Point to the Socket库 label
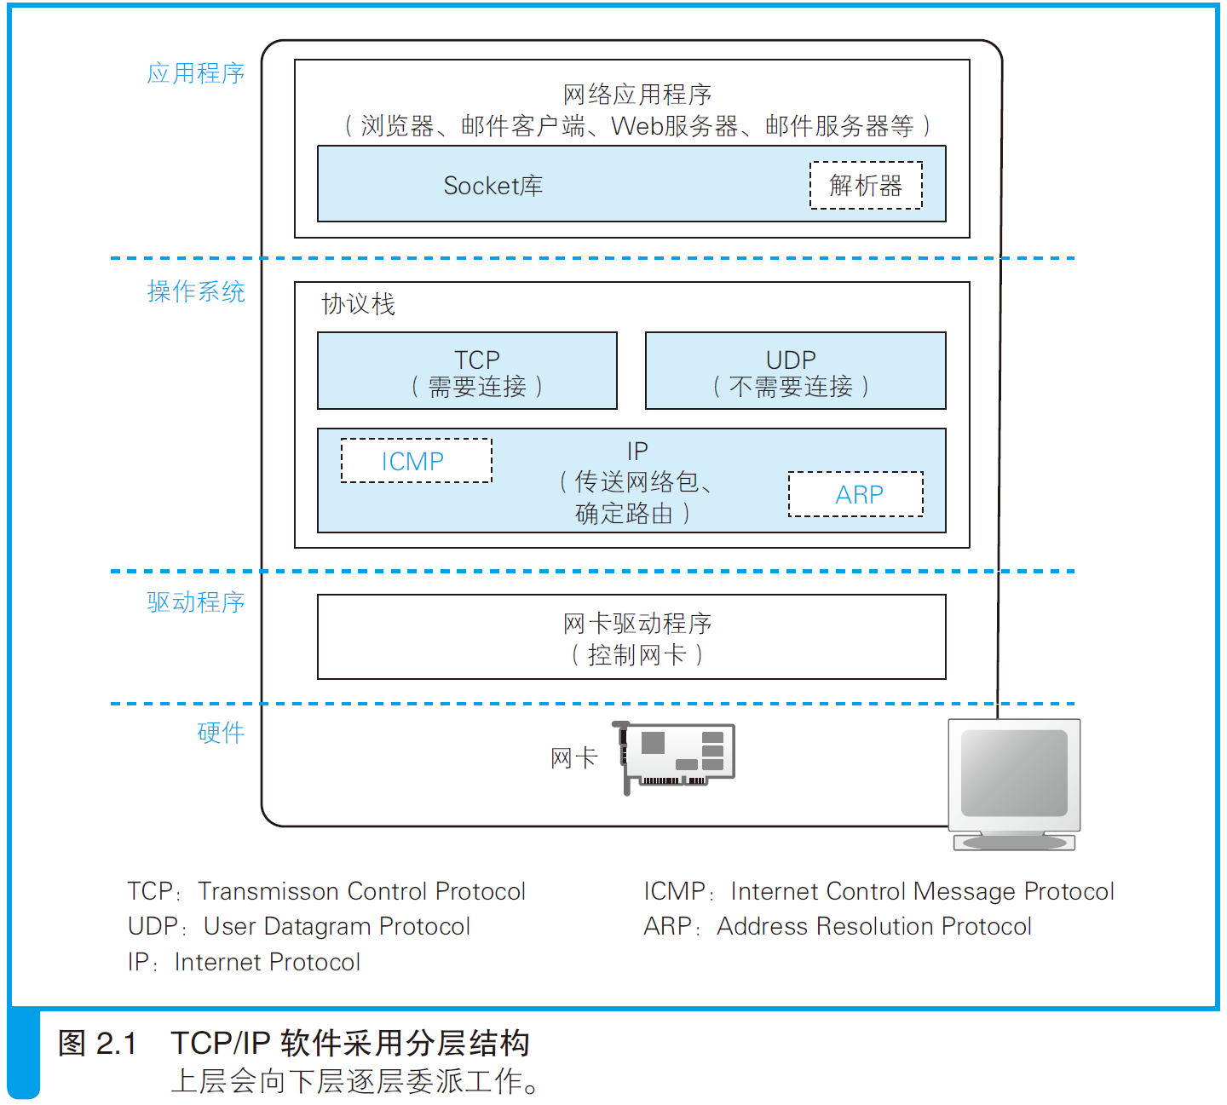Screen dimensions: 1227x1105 493,186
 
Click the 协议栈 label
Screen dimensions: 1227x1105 359,304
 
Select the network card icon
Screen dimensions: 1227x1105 673,757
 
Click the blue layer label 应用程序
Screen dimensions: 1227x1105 196,73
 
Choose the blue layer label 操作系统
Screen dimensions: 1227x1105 196,291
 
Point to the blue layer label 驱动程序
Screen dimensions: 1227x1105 196,602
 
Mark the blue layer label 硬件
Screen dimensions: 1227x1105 221,733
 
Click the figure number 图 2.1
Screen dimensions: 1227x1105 97,1043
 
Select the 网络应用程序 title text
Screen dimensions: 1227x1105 637,95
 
